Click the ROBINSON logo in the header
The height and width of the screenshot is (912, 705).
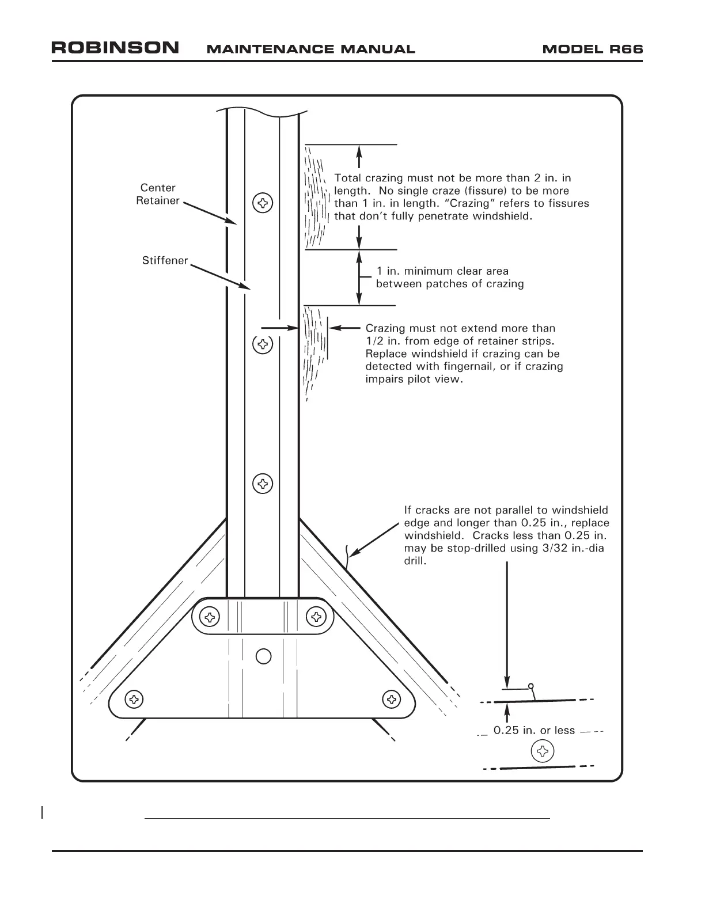coord(115,48)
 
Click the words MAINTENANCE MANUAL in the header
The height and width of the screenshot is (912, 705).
coord(310,50)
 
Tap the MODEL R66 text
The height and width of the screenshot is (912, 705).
coord(592,50)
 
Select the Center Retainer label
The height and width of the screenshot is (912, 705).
coord(158,195)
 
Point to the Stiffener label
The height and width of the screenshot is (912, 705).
coord(165,261)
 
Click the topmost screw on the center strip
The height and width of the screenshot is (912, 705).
coord(263,203)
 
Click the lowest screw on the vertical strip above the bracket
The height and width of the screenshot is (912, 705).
coord(263,484)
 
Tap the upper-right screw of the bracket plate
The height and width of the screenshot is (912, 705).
coord(316,618)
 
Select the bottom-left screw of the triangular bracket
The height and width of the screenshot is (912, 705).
coord(134,700)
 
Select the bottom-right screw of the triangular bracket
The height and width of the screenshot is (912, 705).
coord(392,700)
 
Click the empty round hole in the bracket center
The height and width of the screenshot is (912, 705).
coord(263,656)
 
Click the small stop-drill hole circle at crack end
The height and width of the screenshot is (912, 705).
coord(531,686)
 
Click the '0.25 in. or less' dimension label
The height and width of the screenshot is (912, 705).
coord(534,731)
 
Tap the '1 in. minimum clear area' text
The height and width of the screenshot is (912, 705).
coord(442,271)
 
